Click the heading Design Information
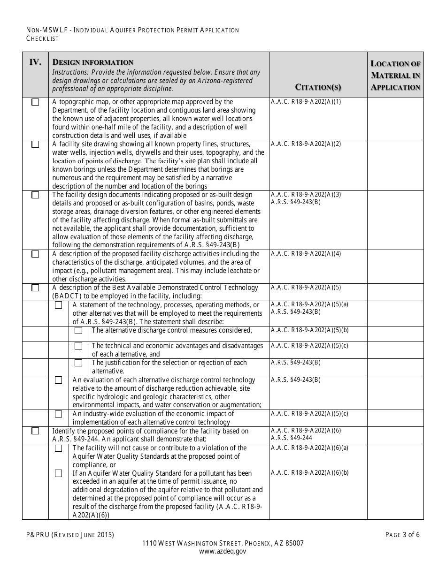(x=93, y=62)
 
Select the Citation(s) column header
(x=318, y=87)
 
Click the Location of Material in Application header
(x=395, y=75)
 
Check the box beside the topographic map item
(x=35, y=102)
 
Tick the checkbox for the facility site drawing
(x=35, y=144)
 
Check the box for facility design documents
(x=35, y=195)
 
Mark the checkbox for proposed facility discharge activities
(x=35, y=254)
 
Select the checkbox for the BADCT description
(x=35, y=288)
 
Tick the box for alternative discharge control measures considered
(x=78, y=331)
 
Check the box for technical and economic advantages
(x=78, y=346)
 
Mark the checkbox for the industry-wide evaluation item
(x=59, y=414)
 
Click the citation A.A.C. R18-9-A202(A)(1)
(x=306, y=101)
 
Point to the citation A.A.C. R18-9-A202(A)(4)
(x=306, y=253)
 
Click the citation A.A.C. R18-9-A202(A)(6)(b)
(x=309, y=472)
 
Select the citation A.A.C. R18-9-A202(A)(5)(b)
(x=309, y=330)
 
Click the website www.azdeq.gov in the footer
(x=223, y=552)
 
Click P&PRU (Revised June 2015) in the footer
(x=70, y=534)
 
